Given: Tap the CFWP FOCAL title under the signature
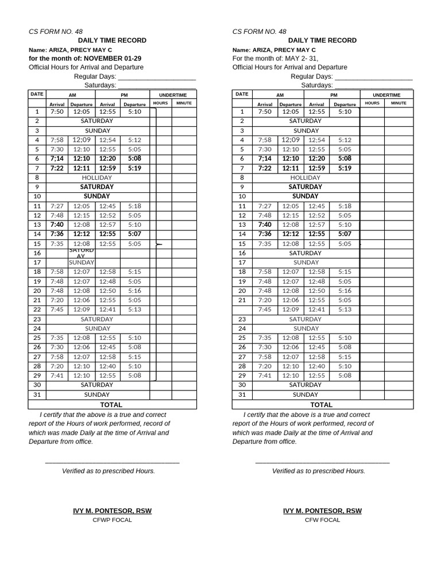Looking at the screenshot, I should [x=112, y=520].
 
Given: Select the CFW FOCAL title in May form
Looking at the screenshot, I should [x=322, y=520].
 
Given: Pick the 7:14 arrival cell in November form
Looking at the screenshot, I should [x=57, y=158].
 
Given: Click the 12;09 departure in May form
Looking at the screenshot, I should [x=290, y=140].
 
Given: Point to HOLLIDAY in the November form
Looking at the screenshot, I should [x=97, y=177].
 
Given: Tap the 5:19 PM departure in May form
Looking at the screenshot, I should [x=345, y=168].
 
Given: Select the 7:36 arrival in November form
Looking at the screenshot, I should [x=57, y=234].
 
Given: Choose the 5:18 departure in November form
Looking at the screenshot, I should [x=134, y=206].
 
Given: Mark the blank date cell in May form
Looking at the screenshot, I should [x=242, y=310].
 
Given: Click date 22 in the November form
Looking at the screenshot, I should [x=37, y=310].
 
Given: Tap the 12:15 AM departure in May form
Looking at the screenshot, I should [x=290, y=215].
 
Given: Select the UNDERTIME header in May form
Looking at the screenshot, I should [x=386, y=95].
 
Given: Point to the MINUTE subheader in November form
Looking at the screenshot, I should [x=184, y=103].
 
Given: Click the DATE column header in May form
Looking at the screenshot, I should [x=242, y=94].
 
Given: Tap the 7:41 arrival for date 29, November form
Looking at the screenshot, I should [x=57, y=376].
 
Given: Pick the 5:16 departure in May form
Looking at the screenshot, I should [x=345, y=291].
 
